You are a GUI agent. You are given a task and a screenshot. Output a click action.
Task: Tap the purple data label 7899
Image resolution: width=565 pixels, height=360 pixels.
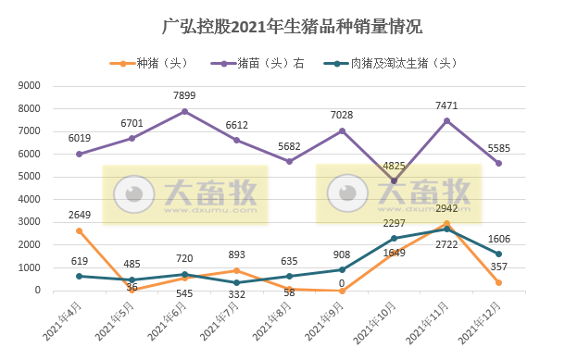tap(185, 95)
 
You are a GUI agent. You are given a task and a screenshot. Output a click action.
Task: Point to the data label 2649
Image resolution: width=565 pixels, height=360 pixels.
tap(80, 215)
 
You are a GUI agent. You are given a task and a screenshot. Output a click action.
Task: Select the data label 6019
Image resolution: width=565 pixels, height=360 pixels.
tap(80, 138)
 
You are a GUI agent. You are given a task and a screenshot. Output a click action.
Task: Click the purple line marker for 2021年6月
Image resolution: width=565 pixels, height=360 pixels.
tap(185, 111)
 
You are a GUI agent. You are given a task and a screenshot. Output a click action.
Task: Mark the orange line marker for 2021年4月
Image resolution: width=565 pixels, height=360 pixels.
tap(80, 230)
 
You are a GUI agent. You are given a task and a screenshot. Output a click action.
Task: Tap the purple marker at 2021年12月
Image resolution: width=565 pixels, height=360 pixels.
tap(500, 163)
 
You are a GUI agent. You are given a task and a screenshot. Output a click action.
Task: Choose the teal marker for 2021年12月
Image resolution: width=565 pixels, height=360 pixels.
tap(500, 254)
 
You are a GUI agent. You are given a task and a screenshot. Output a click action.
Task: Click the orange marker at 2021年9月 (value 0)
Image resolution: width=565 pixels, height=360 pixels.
tap(343, 291)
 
